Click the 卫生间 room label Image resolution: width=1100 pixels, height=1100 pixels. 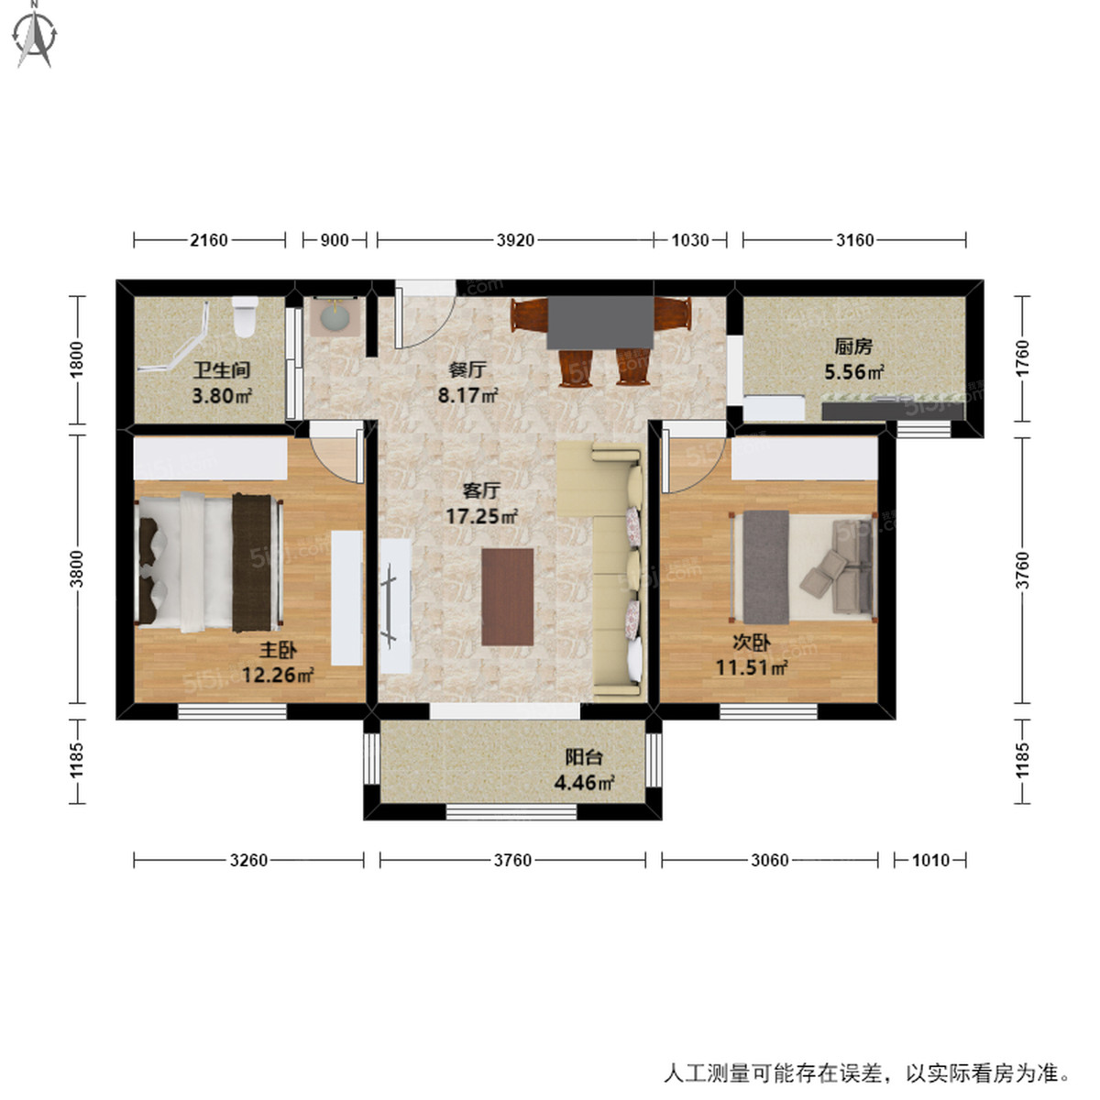click(221, 371)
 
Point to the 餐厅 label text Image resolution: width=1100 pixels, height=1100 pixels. click(467, 370)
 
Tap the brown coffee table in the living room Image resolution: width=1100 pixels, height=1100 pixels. click(508, 596)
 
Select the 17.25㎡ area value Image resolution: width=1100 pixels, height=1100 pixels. click(481, 517)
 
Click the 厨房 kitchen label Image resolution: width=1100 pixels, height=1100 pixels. click(852, 346)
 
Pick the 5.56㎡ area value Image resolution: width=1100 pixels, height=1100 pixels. click(853, 372)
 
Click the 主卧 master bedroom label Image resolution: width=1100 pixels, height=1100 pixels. click(277, 650)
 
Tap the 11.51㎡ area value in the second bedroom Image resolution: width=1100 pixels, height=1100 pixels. click(752, 667)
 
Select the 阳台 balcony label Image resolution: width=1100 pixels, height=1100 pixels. click(584, 757)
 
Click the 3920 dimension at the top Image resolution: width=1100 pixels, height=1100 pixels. click(515, 240)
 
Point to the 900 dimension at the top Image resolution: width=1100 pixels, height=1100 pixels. click(335, 240)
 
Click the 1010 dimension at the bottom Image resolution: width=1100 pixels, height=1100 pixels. click(930, 860)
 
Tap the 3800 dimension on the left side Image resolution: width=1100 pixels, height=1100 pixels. click(77, 568)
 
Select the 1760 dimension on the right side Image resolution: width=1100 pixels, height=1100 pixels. click(1022, 357)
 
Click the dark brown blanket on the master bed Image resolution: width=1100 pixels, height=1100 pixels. click(252, 562)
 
